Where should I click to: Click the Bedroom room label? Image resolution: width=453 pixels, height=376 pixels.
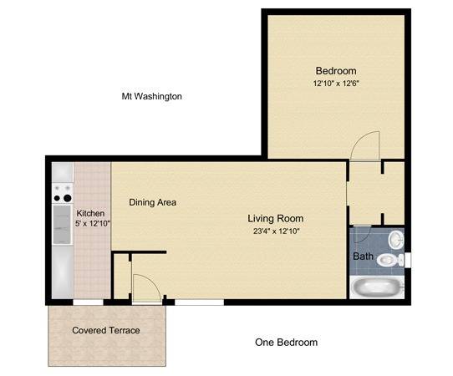click(x=336, y=71)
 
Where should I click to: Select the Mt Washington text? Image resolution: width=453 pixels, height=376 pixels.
click(x=152, y=97)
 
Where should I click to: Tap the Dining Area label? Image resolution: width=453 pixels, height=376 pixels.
click(x=152, y=202)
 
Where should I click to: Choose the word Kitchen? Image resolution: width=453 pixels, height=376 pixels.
click(x=91, y=213)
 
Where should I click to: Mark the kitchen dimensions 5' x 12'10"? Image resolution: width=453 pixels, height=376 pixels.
click(x=91, y=225)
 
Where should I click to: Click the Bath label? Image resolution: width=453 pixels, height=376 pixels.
click(x=363, y=257)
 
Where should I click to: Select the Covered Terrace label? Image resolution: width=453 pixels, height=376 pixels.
click(x=106, y=330)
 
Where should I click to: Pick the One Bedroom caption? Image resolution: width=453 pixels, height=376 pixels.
click(x=286, y=343)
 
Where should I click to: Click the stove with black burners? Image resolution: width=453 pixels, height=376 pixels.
click(x=63, y=194)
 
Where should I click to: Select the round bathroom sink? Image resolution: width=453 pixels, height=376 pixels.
click(x=395, y=240)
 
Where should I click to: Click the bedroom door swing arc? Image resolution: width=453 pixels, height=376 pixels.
click(x=364, y=145)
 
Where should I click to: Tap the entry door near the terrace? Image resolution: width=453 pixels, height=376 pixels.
click(x=145, y=288)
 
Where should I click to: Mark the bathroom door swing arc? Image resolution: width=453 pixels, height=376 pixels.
click(x=360, y=234)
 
